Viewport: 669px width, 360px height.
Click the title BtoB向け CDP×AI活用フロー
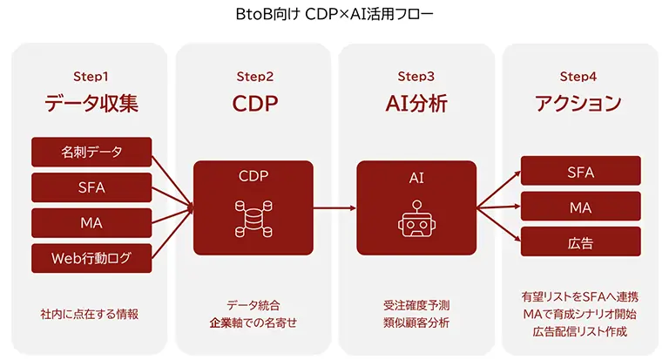(x=334, y=15)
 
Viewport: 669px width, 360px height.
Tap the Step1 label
(x=91, y=77)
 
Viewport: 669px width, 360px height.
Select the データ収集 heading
(x=91, y=104)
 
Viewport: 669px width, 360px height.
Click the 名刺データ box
(x=91, y=152)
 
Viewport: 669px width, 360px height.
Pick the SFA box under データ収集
(x=91, y=187)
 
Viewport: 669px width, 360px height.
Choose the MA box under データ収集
(x=91, y=221)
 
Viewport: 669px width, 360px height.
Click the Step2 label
(x=254, y=77)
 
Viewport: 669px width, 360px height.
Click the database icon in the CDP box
(x=254, y=218)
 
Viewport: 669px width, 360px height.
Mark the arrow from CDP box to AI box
(x=335, y=208)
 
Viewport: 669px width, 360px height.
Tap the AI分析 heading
(x=416, y=104)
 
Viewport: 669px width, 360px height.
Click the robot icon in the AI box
(x=416, y=219)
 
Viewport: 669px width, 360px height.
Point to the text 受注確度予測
(x=416, y=305)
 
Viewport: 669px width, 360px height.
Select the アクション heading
(x=580, y=104)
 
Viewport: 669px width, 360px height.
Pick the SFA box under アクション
(x=581, y=172)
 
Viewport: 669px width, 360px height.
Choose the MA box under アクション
(x=581, y=207)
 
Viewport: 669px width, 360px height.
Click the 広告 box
(x=581, y=242)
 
